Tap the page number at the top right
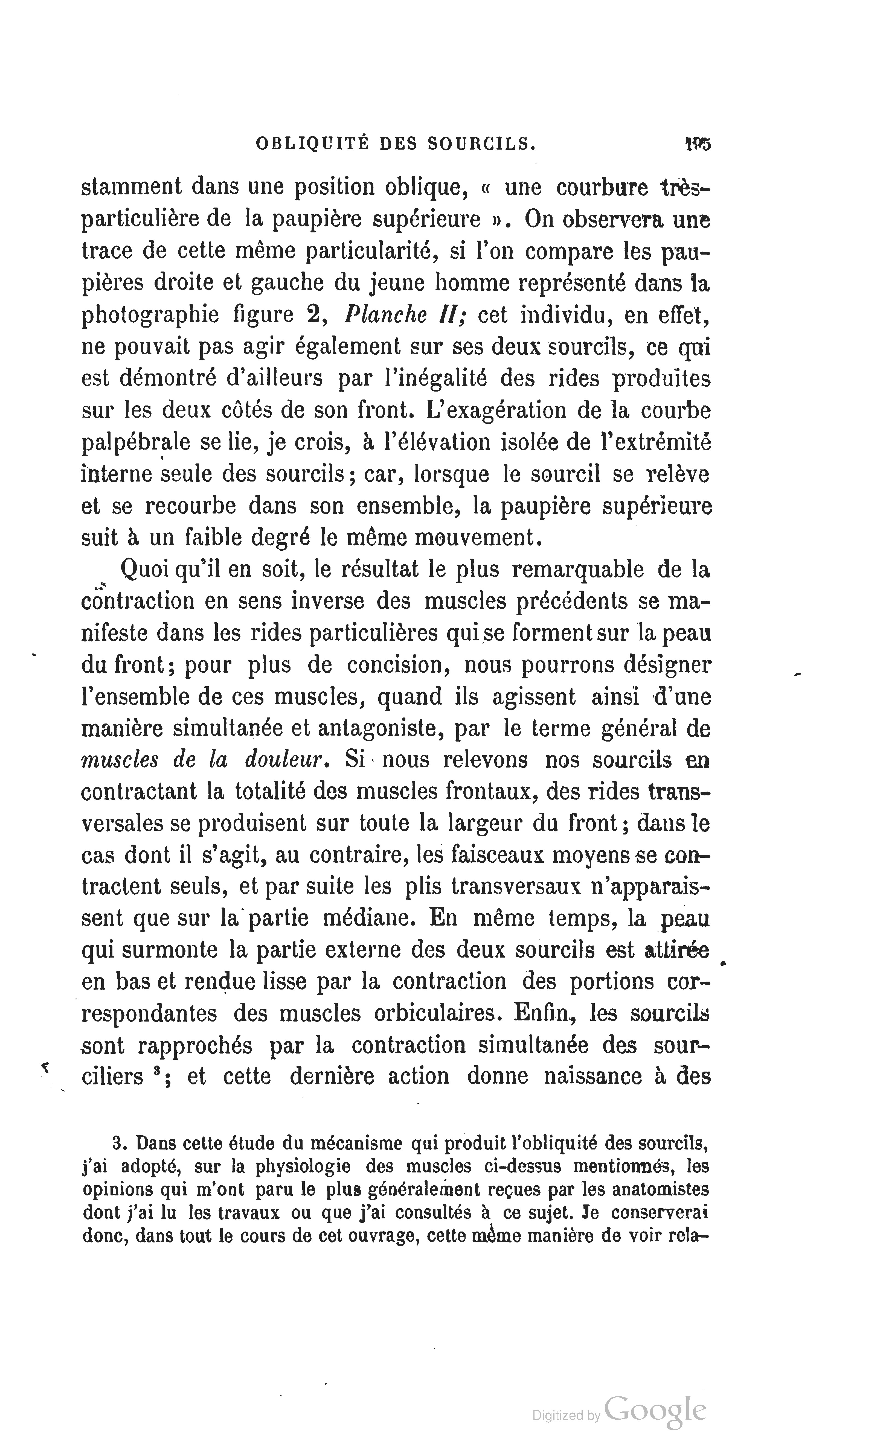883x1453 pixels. tap(698, 144)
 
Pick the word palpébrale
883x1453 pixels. tap(136, 442)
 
